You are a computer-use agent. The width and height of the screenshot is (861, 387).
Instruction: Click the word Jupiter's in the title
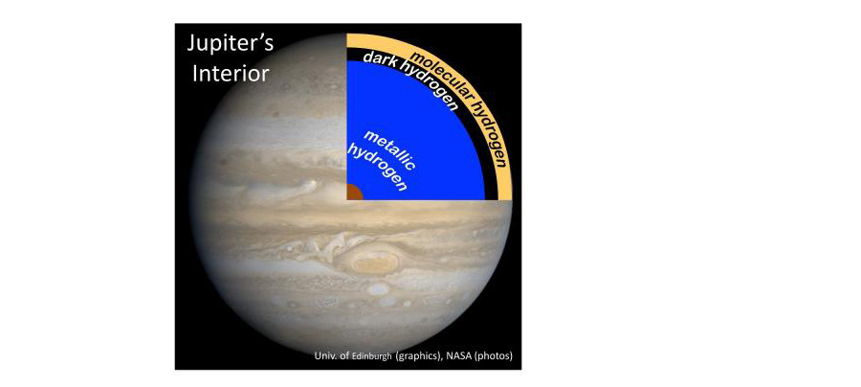click(x=230, y=44)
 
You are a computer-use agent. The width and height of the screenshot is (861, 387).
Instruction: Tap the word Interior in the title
click(x=230, y=74)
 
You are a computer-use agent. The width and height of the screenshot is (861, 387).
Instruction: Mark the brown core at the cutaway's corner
click(x=354, y=192)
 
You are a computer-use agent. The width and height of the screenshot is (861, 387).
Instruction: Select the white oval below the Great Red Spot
click(x=378, y=288)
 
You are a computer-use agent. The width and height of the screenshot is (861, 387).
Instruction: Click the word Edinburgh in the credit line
click(x=373, y=356)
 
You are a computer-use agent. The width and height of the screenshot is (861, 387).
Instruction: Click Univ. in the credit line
click(x=325, y=356)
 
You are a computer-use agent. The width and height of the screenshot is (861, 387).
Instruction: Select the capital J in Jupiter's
click(x=191, y=44)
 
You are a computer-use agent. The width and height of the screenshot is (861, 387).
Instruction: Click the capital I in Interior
click(x=194, y=74)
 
